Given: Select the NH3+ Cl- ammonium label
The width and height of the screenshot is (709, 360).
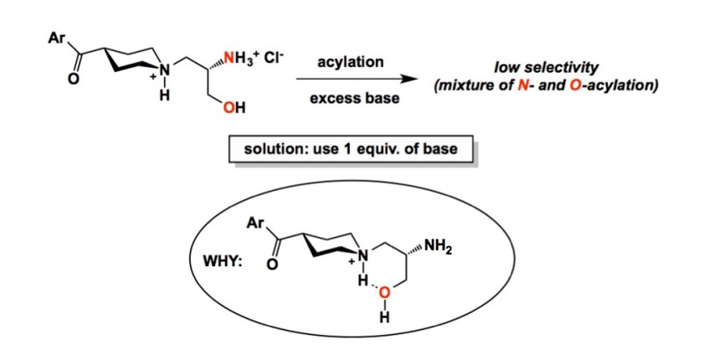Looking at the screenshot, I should (247, 61).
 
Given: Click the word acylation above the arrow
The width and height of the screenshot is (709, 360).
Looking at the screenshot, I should (351, 63).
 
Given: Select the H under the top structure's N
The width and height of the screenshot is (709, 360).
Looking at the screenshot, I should (165, 95).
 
